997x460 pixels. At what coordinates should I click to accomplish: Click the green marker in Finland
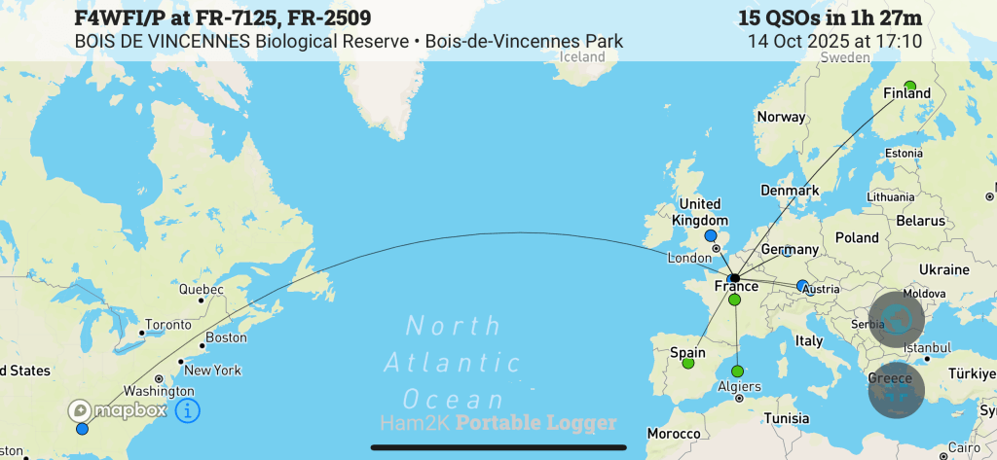coord(910,86)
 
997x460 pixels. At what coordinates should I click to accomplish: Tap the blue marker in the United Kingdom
coord(710,236)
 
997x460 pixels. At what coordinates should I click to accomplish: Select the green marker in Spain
coord(688,363)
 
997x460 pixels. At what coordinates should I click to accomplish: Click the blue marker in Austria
coord(802,286)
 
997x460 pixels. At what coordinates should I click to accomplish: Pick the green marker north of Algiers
coord(737,371)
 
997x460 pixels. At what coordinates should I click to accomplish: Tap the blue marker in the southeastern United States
coord(82,429)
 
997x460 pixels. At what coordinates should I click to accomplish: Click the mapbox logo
coord(118,410)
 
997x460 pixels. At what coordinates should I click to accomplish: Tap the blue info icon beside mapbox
coord(188,410)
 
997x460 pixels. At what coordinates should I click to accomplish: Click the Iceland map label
coord(583,56)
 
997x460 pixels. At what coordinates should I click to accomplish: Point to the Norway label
coord(781,117)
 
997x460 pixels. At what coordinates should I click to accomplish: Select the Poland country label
coord(856,237)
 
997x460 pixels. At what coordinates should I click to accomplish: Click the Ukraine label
coord(943,269)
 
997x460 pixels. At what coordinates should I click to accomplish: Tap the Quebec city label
coord(201,289)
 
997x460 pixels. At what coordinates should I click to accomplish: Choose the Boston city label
coord(226,337)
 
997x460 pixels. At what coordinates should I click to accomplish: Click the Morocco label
coord(676,433)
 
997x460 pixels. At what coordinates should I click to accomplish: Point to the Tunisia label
coord(786,418)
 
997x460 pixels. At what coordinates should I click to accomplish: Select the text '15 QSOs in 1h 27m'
coord(830,18)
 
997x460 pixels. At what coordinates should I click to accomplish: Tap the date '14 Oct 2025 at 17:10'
coord(834,42)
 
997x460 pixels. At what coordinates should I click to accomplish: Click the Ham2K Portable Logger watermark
coord(498,422)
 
